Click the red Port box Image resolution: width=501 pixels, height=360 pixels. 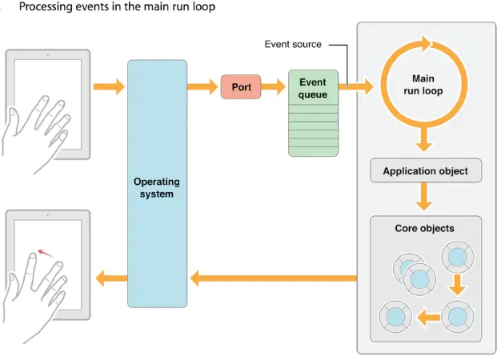[x=241, y=86]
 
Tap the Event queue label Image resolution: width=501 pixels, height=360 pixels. [x=313, y=88]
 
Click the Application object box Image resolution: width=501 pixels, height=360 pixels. [x=425, y=171]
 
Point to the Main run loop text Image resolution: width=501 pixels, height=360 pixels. [x=423, y=85]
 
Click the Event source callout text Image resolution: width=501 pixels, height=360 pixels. [x=293, y=45]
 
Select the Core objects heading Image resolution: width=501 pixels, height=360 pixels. [x=424, y=228]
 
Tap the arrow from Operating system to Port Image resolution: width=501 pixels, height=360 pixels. [x=203, y=86]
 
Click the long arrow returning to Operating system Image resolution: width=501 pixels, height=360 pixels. [x=272, y=278]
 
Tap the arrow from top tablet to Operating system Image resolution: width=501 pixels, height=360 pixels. [x=110, y=86]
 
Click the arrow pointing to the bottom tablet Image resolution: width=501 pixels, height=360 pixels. [x=110, y=278]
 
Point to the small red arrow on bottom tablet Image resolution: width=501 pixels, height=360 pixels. [x=46, y=254]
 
